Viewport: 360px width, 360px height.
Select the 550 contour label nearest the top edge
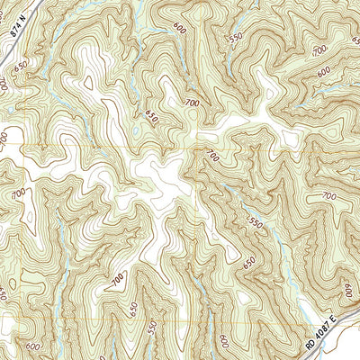coord(237,40)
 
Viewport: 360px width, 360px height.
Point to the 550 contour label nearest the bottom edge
coord(151,325)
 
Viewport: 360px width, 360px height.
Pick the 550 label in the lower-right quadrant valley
coord(254,220)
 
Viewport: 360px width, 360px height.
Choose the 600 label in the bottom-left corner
coord(33,346)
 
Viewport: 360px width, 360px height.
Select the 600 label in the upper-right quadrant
coord(323,72)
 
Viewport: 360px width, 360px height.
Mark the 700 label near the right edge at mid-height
coord(328,195)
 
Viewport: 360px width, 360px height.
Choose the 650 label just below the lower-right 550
coord(249,260)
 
